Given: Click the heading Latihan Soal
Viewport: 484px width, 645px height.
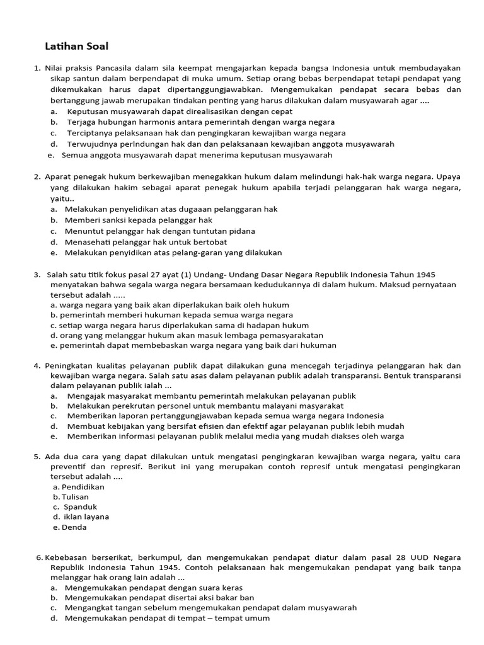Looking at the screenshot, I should coord(77,46).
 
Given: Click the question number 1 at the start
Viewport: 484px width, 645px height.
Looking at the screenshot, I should coord(37,67).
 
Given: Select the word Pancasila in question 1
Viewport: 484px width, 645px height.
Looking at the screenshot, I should coord(117,67).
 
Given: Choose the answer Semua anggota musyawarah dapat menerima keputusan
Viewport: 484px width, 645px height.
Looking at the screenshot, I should coord(197,154).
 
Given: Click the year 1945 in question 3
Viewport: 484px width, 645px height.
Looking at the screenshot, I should coord(425,275).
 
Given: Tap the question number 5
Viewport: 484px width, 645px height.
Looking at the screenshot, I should coord(37,456).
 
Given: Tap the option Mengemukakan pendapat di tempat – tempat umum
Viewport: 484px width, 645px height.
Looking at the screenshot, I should coord(167,618).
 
